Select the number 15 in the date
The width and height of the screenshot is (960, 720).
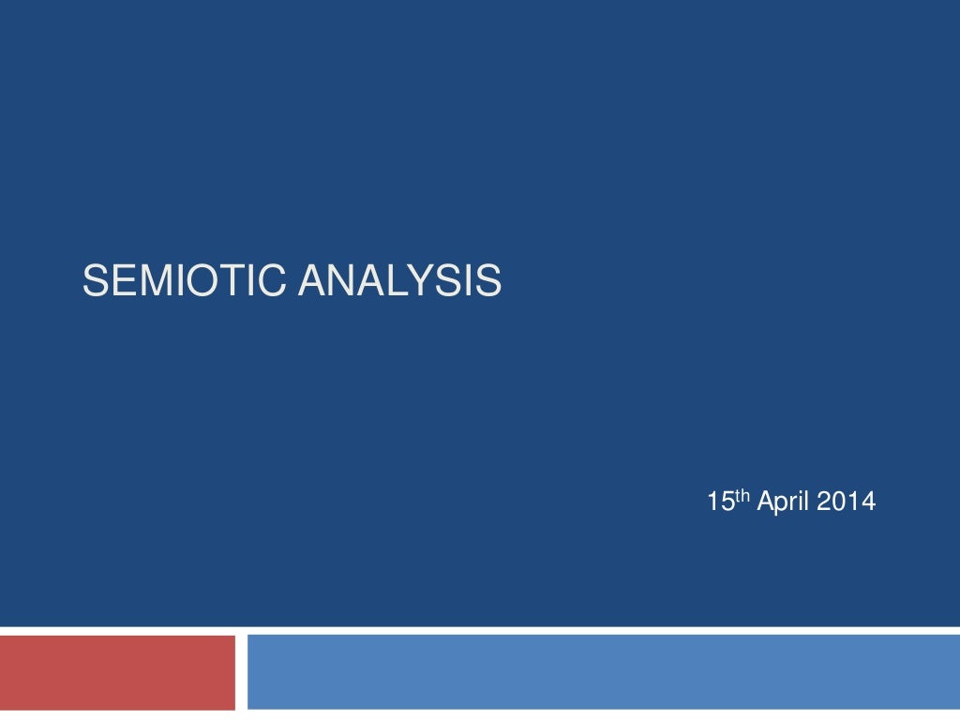tap(719, 503)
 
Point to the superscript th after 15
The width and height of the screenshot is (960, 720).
tap(742, 497)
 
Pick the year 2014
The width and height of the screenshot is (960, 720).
tap(846, 503)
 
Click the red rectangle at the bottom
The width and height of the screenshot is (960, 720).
tap(117, 672)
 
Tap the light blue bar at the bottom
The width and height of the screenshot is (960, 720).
tap(603, 672)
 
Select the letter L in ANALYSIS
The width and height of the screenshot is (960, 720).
tap(405, 281)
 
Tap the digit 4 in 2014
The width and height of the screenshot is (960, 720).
tap(868, 503)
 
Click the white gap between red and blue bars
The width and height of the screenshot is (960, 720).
tap(241, 672)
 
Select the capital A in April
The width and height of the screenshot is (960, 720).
tap(763, 503)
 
